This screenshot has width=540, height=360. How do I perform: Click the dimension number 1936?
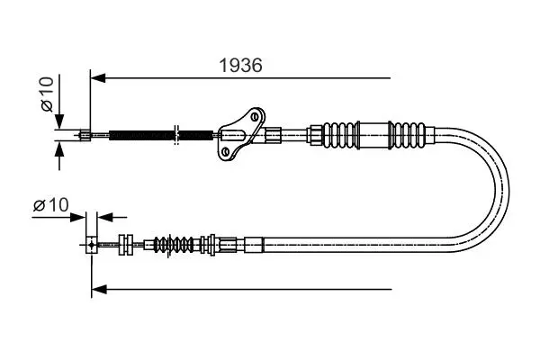(240, 65)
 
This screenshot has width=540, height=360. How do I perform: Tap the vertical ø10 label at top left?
(48, 94)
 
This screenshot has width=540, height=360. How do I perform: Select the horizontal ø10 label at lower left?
(51, 205)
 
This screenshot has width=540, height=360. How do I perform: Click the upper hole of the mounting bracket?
(256, 116)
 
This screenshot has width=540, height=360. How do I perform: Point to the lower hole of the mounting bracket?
(226, 151)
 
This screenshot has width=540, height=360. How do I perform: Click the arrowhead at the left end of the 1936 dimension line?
(98, 78)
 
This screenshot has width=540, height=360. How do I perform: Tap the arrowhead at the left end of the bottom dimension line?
(99, 290)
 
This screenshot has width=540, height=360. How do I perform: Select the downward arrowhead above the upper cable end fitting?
(59, 121)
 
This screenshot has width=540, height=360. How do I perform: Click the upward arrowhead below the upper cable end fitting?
(59, 148)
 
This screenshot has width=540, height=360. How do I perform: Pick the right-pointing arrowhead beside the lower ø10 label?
(77, 218)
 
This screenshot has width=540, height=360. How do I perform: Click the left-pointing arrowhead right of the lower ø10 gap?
(105, 218)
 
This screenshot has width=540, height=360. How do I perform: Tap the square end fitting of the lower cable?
(91, 245)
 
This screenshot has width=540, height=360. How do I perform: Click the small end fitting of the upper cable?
(85, 135)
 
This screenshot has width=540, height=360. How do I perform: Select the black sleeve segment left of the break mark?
(141, 135)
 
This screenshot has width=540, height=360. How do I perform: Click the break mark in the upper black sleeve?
(176, 135)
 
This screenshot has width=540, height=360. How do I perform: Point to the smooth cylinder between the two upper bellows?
(373, 135)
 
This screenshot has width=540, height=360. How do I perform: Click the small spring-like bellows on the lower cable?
(174, 245)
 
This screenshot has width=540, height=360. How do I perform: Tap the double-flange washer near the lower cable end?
(126, 245)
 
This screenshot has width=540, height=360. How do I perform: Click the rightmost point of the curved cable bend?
(509, 190)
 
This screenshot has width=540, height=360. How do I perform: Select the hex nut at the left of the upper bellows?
(317, 135)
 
